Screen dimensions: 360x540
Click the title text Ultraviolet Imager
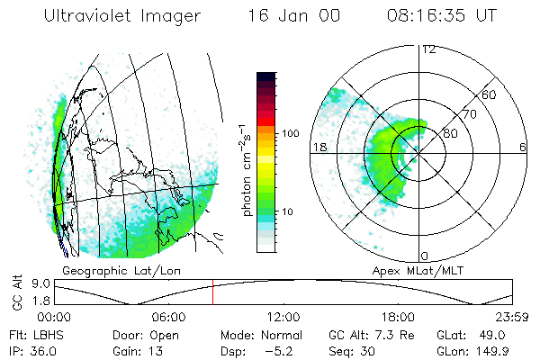pos(120,16)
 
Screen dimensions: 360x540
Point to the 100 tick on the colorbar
pos(290,133)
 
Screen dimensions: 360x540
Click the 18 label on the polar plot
pos(319,147)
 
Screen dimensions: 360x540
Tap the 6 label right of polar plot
pos(522,147)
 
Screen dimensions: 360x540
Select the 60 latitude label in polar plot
pos(490,94)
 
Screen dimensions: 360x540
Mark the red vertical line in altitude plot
pos(212,292)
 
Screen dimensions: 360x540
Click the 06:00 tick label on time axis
pos(168,317)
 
